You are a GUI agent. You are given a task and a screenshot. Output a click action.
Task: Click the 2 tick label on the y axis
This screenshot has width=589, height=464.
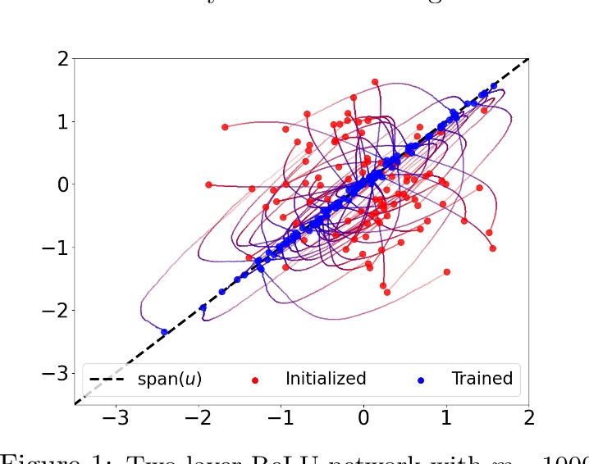(x=59, y=59)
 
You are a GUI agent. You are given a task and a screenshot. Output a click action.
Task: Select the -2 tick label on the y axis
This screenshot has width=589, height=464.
(x=53, y=310)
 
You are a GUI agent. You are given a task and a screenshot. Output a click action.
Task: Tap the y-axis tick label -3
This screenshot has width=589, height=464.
(x=53, y=373)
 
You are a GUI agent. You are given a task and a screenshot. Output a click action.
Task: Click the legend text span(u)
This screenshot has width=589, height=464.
(x=169, y=379)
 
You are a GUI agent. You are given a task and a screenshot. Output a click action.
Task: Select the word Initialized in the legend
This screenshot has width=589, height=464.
(x=325, y=379)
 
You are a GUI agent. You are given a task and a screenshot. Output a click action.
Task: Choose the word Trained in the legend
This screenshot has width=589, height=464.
(x=482, y=379)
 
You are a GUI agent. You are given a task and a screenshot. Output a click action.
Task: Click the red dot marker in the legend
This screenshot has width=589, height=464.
(x=255, y=380)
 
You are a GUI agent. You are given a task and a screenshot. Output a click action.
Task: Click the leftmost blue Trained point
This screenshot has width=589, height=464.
(x=164, y=332)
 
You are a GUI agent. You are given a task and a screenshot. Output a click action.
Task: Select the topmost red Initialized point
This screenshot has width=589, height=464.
(x=375, y=82)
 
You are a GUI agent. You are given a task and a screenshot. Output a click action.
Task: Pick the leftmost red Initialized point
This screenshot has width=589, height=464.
(x=208, y=184)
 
